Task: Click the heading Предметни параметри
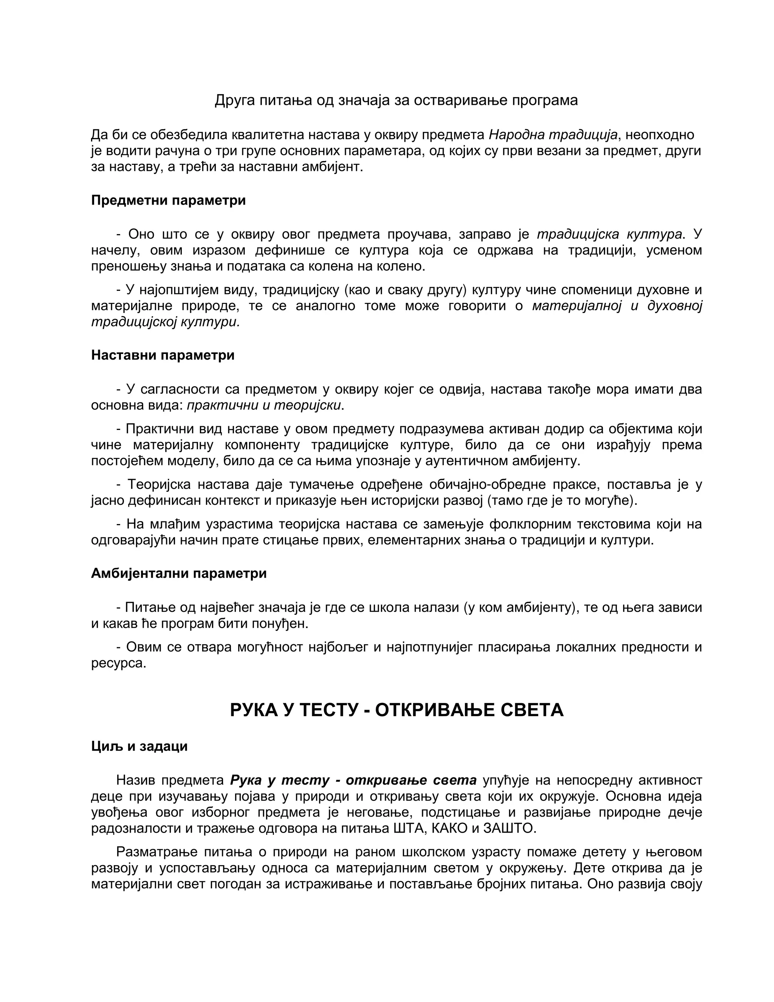(x=168, y=200)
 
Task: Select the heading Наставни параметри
(x=163, y=355)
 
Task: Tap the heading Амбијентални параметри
(x=179, y=574)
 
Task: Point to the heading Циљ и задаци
(x=139, y=746)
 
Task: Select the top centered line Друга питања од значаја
(x=396, y=101)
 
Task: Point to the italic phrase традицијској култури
(x=165, y=322)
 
